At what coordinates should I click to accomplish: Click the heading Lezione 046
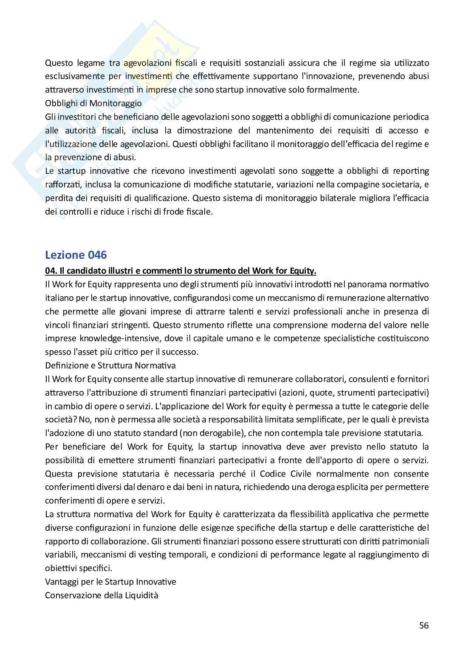pyautogui.click(x=76, y=255)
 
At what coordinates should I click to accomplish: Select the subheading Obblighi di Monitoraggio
pyautogui.click(x=93, y=103)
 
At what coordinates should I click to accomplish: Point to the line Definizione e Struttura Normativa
pyautogui.click(x=110, y=365)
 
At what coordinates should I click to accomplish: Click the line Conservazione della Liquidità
pyautogui.click(x=102, y=595)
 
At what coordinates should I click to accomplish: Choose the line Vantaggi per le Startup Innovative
pyautogui.click(x=110, y=582)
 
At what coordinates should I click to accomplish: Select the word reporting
pyautogui.click(x=409, y=171)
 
